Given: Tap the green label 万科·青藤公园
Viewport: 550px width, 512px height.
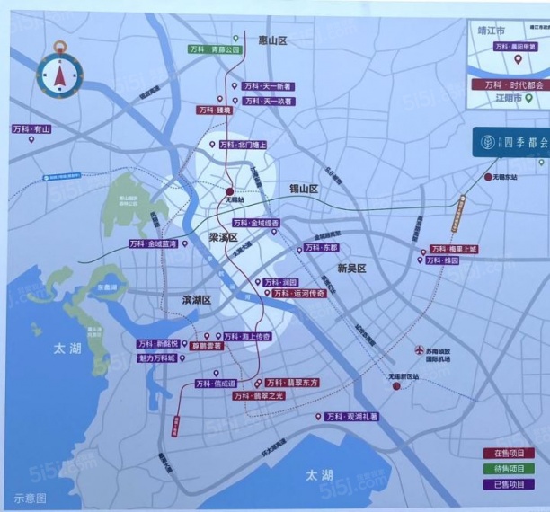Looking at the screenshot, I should [215, 50].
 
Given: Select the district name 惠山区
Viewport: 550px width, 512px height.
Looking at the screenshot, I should [272, 40].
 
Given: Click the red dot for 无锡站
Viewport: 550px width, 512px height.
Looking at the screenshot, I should [230, 190].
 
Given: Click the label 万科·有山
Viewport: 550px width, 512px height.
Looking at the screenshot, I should [32, 129].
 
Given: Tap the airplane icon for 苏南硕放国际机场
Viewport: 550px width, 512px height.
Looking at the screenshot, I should [416, 350].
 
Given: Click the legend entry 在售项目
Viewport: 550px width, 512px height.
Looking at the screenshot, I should [508, 453].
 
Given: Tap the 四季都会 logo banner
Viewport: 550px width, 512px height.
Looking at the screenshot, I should [510, 142].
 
